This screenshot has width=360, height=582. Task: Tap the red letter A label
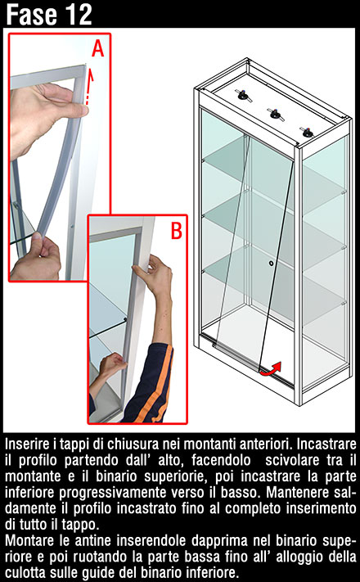point(97,48)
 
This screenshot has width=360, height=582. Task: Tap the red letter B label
point(176,230)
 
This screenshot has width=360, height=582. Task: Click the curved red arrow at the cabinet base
point(271,368)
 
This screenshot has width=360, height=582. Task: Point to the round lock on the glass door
point(272,263)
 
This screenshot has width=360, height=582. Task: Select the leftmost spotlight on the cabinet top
point(244,96)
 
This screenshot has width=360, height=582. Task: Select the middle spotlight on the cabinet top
point(276,114)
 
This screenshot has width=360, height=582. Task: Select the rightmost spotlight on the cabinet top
point(308,132)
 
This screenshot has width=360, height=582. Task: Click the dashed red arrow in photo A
point(89,88)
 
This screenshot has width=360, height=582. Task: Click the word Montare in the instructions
point(29,540)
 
